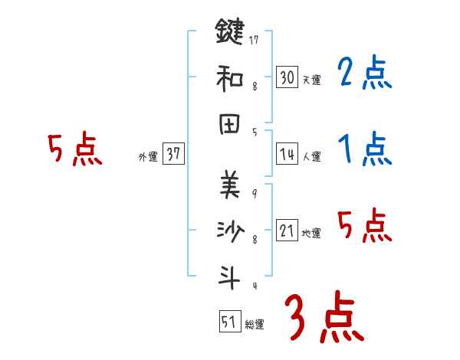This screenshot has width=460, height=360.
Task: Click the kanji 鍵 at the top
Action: [x=230, y=32]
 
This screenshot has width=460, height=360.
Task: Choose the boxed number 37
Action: [x=172, y=154]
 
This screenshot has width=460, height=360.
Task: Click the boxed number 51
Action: [x=229, y=322]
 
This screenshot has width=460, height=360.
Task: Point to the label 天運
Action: [x=311, y=80]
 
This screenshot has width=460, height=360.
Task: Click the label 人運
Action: [x=311, y=156]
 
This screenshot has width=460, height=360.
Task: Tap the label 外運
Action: [x=148, y=156]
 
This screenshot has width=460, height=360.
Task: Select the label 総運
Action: [x=255, y=325]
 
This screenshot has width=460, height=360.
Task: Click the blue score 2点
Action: [x=364, y=74]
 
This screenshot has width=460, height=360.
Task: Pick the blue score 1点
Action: [x=364, y=149]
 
